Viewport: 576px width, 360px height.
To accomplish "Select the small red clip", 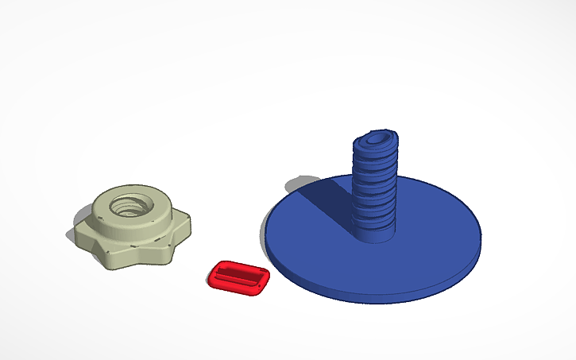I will click(239, 277).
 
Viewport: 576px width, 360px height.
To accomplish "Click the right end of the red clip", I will click(265, 279).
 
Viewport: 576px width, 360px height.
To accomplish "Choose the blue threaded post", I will click(374, 187).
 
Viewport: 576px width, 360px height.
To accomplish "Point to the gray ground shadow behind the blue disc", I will click(297, 184).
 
